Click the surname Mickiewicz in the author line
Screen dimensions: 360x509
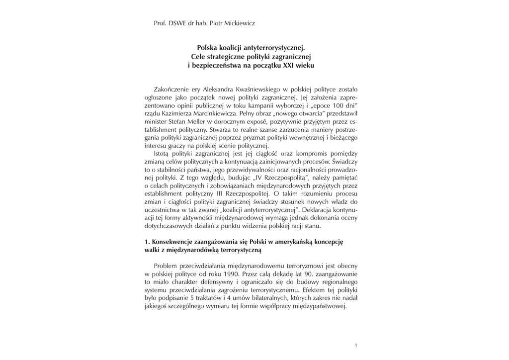coord(239,23)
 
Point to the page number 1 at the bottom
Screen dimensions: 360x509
coord(355,346)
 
